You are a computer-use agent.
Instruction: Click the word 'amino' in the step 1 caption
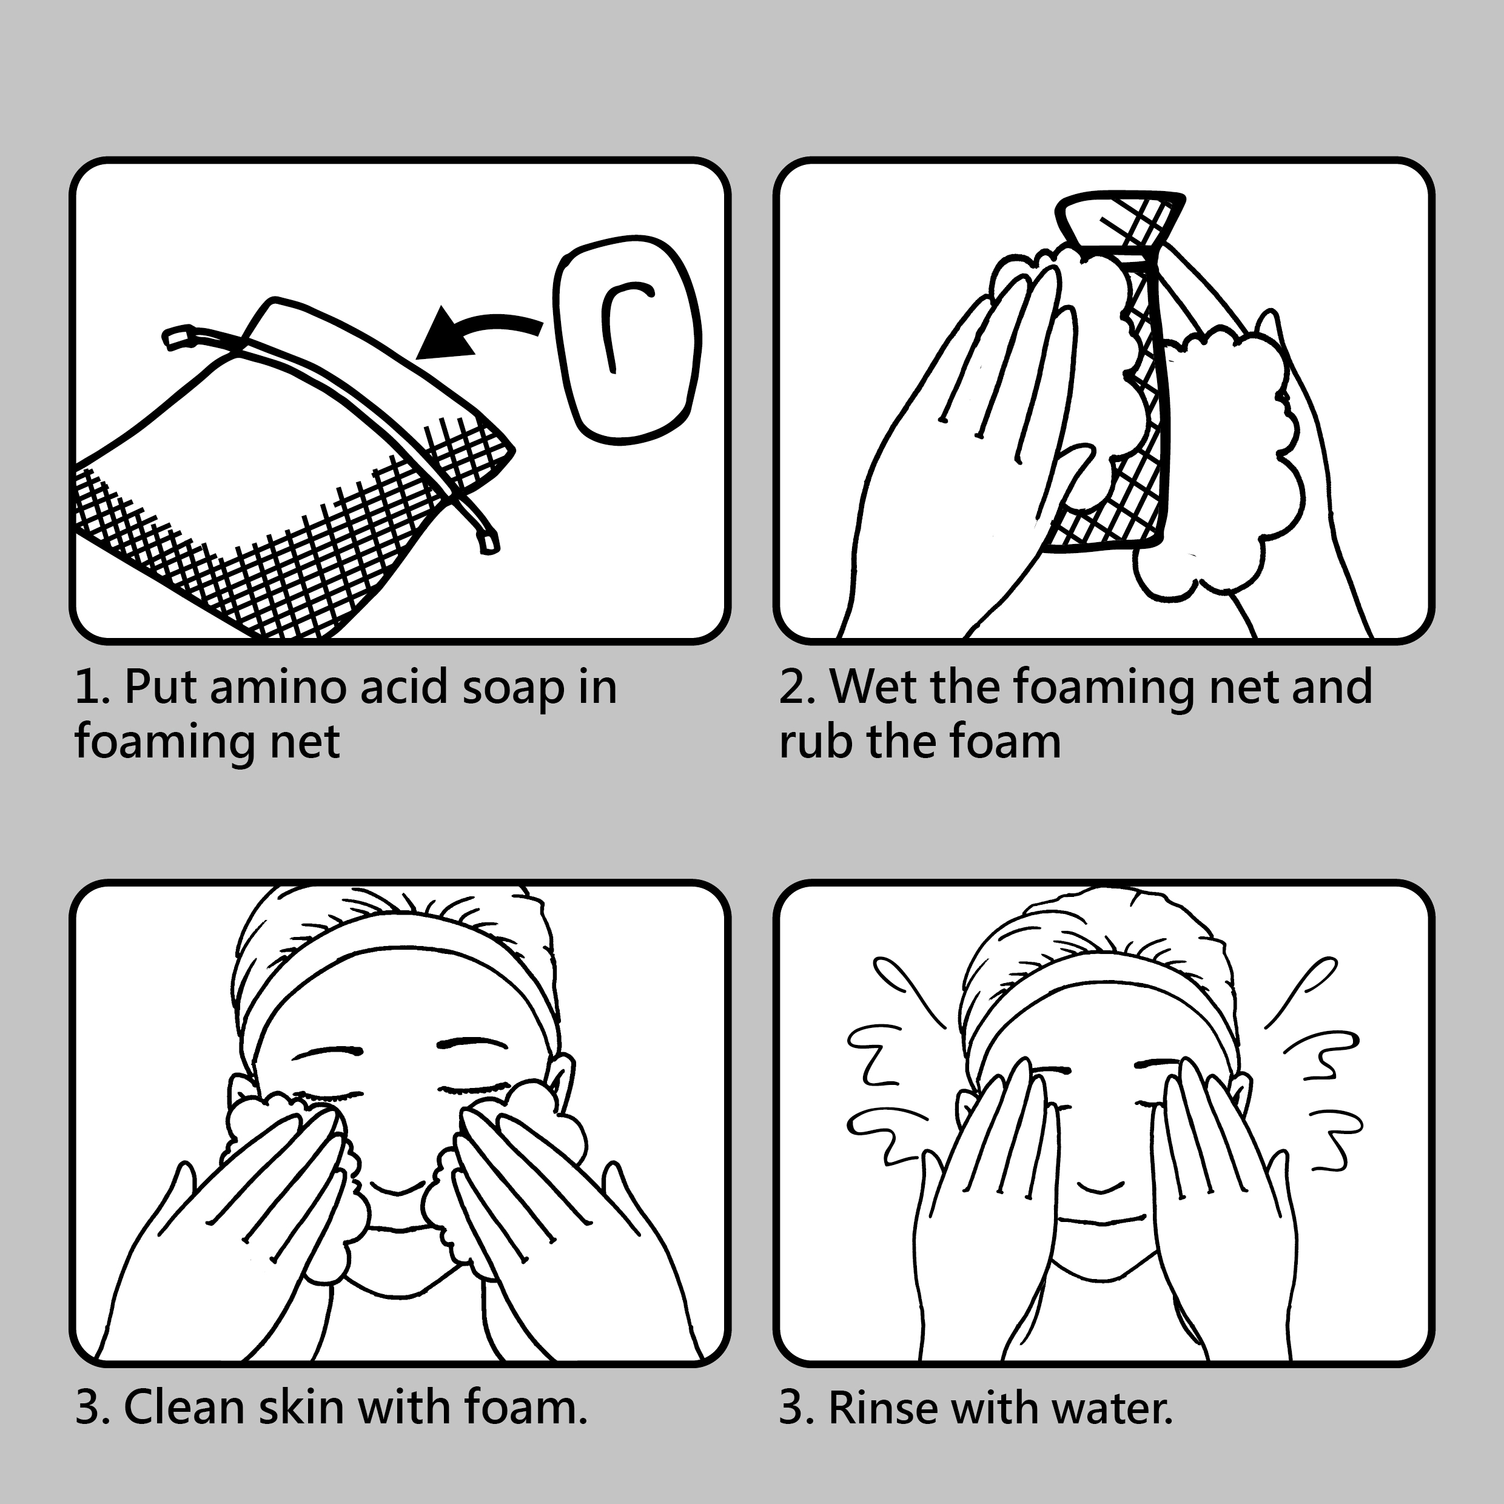pos(277,687)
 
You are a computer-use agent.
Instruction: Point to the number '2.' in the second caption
pos(796,687)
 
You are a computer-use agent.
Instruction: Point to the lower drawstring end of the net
pos(488,543)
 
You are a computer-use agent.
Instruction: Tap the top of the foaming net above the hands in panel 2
pos(1120,222)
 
